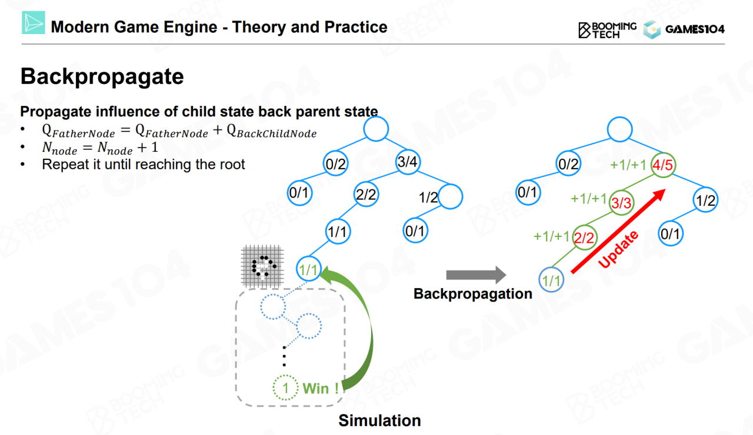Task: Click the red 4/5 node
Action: pyautogui.click(x=662, y=165)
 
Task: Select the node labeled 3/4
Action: pyautogui.click(x=408, y=162)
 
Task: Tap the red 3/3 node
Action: pyautogui.click(x=621, y=203)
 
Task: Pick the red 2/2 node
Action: pyautogui.click(x=585, y=237)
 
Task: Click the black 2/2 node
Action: pyautogui.click(x=366, y=194)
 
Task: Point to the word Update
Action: pyautogui.click(x=618, y=249)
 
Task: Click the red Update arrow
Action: pyautogui.click(x=618, y=231)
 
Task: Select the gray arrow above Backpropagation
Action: pyautogui.click(x=476, y=275)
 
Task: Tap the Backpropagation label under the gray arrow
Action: pyautogui.click(x=472, y=294)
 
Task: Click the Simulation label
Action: pyautogui.click(x=379, y=420)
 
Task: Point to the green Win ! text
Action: pyautogui.click(x=321, y=389)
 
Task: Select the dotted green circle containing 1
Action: pyautogui.click(x=285, y=387)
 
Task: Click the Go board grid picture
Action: pyautogui.click(x=262, y=266)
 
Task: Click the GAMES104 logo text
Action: pyautogui.click(x=695, y=29)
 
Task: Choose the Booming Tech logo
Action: pyautogui.click(x=607, y=30)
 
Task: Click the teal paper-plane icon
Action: pyautogui.click(x=34, y=22)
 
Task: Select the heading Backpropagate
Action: pyautogui.click(x=102, y=76)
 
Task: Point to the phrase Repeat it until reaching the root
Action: pyautogui.click(x=143, y=165)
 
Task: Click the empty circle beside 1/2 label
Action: pyautogui.click(x=450, y=196)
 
